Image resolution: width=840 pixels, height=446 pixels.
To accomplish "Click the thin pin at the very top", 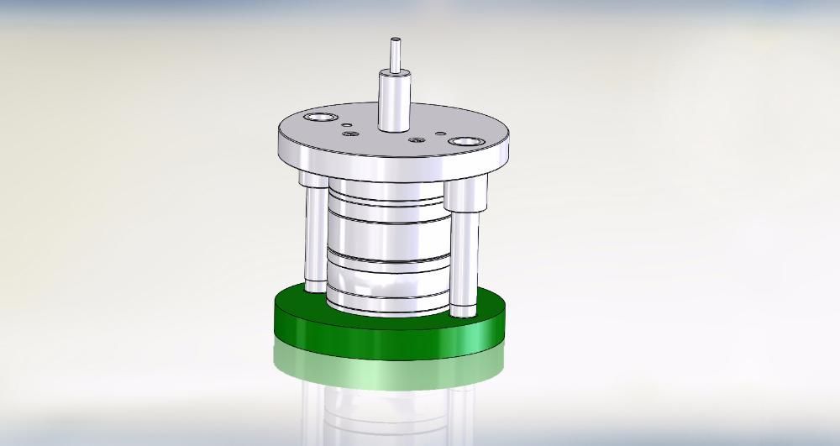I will [x=393, y=55].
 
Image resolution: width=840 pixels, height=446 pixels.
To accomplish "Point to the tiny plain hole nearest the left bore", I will [x=344, y=123].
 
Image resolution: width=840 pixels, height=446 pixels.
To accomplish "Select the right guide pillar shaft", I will [x=463, y=260].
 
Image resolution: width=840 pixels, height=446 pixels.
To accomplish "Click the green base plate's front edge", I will [x=386, y=340].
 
